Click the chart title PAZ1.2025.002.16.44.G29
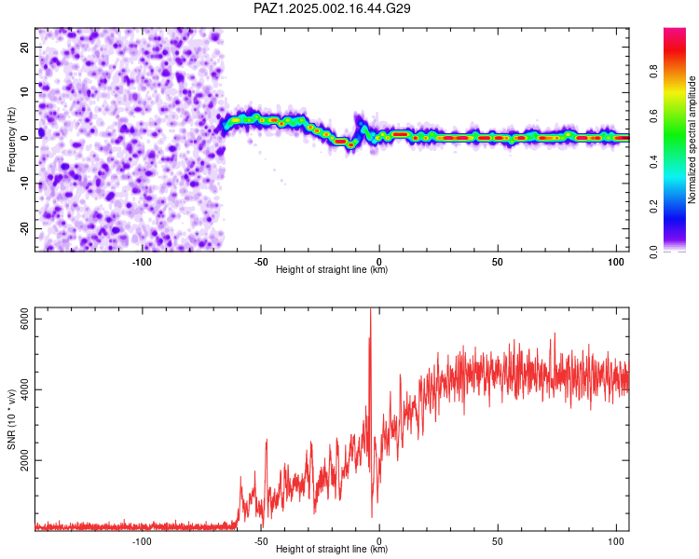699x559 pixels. tap(332, 8)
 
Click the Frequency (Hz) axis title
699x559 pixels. tap(11, 140)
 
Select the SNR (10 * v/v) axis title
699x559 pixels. tap(11, 419)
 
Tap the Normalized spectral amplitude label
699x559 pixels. tap(692, 140)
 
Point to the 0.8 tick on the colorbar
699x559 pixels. tap(653, 72)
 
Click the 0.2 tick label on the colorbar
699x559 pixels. tap(653, 207)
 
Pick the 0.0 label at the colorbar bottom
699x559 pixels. tap(653, 252)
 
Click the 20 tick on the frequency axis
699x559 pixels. tap(25, 48)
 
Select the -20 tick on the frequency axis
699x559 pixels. tap(25, 229)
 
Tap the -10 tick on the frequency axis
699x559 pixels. tap(25, 184)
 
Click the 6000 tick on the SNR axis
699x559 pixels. tap(25, 320)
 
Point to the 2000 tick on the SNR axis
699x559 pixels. tap(25, 460)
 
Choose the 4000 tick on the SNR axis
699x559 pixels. tap(25, 389)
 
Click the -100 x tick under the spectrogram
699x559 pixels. tap(142, 262)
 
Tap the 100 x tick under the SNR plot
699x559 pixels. tap(616, 541)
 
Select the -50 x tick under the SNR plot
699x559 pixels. tap(261, 541)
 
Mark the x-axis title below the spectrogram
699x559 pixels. tap(332, 269)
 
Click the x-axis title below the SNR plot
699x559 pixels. tap(332, 549)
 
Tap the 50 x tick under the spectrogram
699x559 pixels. tap(498, 262)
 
